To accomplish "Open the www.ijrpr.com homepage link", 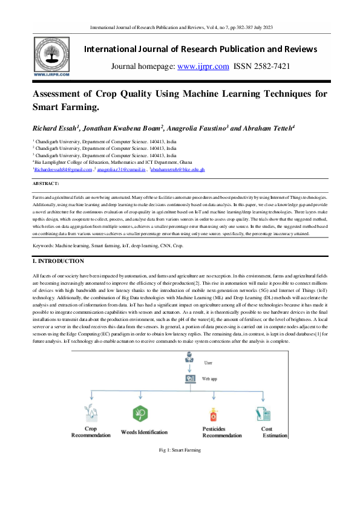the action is (203, 66).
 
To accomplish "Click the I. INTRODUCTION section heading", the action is (58, 261).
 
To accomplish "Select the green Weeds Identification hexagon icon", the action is (140, 414).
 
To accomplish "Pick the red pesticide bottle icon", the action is (213, 415).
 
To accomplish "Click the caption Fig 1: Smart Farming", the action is (180, 450).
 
